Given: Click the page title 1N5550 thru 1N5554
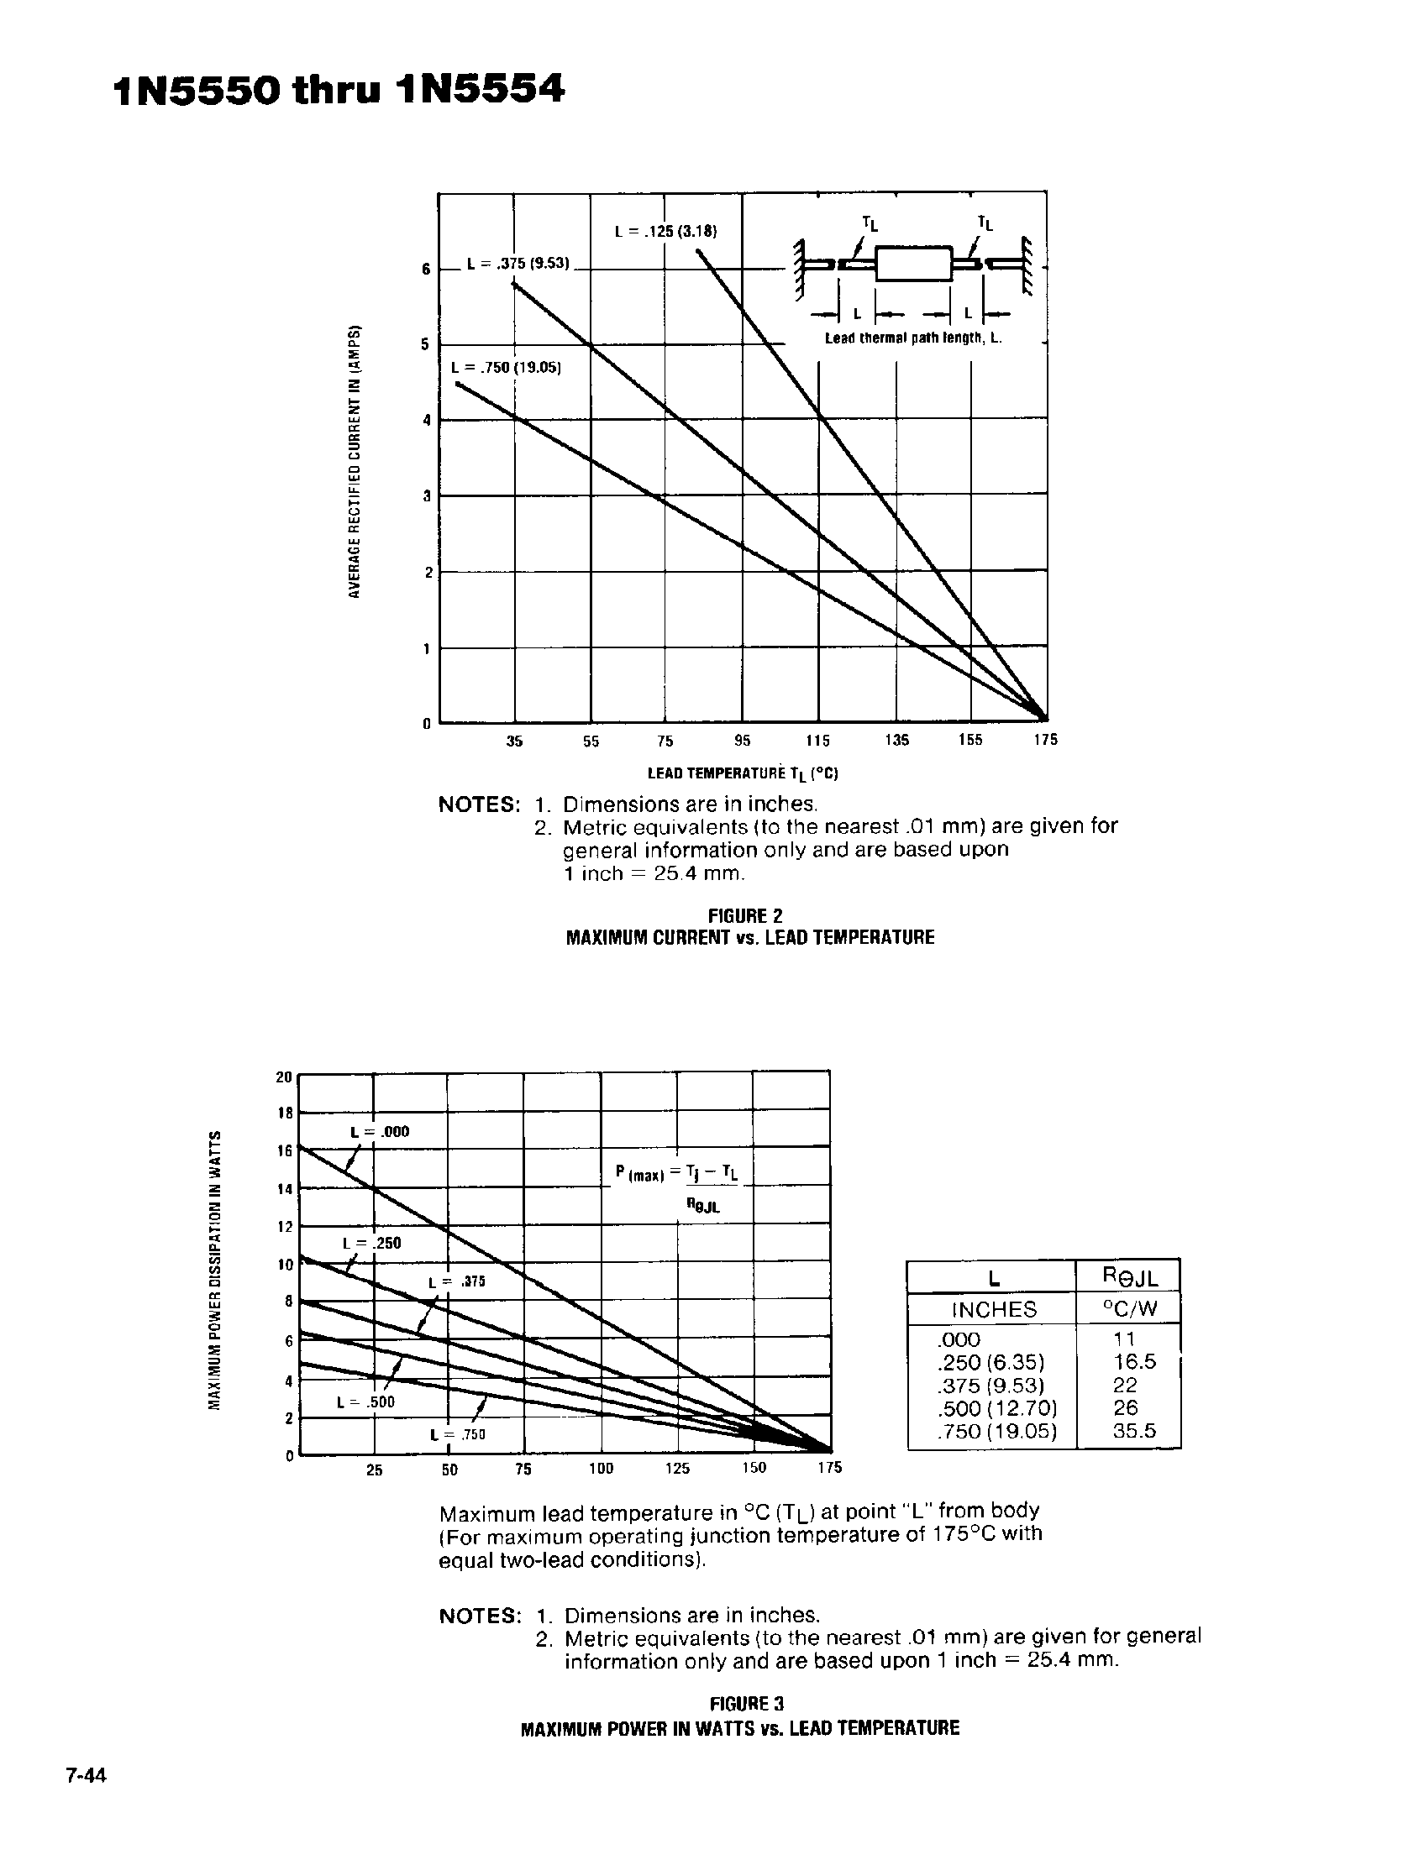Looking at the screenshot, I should coord(338,90).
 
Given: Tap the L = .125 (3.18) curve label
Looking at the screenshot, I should coord(665,231).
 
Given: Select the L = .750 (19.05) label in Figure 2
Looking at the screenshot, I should coord(506,368).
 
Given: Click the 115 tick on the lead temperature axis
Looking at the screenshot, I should coord(817,741).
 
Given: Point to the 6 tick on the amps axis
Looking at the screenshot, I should coord(426,269).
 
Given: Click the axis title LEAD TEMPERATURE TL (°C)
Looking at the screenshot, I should coord(743,773).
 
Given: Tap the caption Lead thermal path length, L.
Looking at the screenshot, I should coord(912,338).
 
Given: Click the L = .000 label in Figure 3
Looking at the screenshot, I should coord(380,1132).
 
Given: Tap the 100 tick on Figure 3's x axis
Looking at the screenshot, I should coord(601,1468).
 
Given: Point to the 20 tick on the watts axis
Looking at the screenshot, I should coord(283,1077).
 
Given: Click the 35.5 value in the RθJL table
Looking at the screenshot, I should coord(1134,1430).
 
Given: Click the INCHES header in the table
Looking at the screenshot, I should coord(992,1309).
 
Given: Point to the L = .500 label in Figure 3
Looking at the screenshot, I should coord(365,1402).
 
